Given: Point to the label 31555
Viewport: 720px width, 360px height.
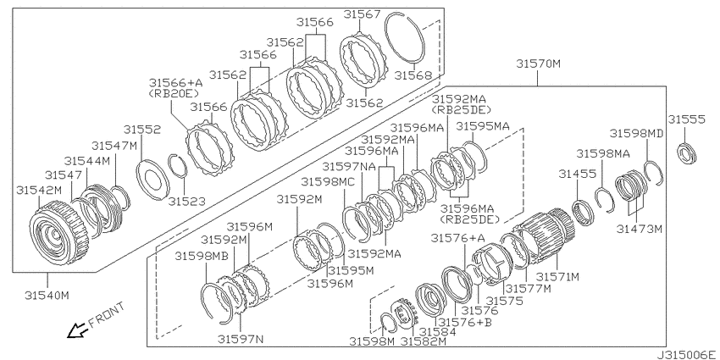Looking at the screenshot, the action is [686, 119].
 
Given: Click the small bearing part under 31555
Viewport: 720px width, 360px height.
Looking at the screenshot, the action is [688, 153].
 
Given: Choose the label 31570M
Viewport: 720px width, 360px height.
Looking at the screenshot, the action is [538, 64].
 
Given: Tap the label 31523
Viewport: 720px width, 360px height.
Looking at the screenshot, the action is [186, 200].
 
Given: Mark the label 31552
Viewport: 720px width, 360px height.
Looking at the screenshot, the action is [142, 130].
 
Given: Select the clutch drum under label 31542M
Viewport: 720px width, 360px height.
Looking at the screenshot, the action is [58, 234].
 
